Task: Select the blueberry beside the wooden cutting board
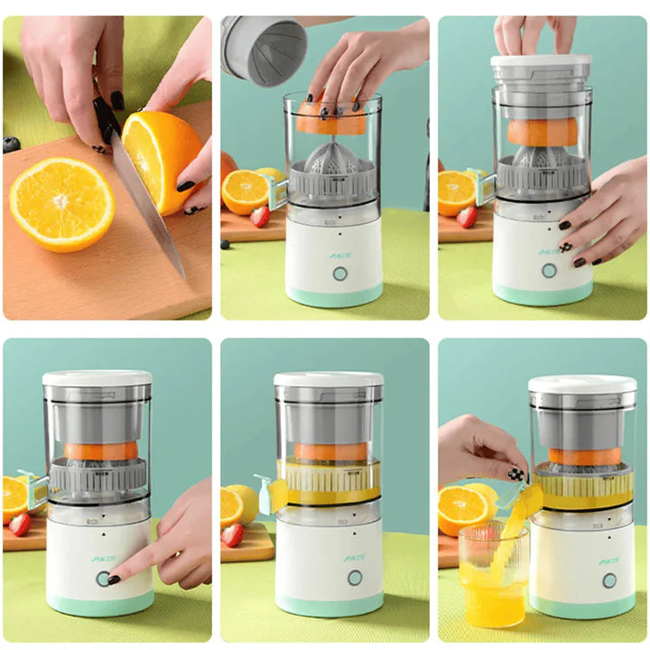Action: pyautogui.click(x=11, y=144)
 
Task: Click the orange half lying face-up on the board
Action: pyautogui.click(x=61, y=204)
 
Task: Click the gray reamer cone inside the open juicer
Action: pyautogui.click(x=330, y=162)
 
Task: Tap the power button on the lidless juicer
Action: pyautogui.click(x=339, y=273)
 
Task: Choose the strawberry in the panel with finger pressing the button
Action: pyautogui.click(x=19, y=525)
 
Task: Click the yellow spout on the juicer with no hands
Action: pyautogui.click(x=276, y=491)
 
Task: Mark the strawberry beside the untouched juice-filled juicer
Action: pyautogui.click(x=232, y=534)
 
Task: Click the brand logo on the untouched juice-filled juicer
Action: pyautogui.click(x=355, y=557)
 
